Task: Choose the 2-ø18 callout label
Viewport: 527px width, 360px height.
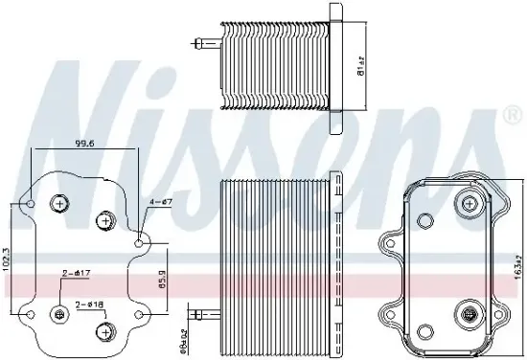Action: (90, 304)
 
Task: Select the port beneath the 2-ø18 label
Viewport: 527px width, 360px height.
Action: (103, 331)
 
